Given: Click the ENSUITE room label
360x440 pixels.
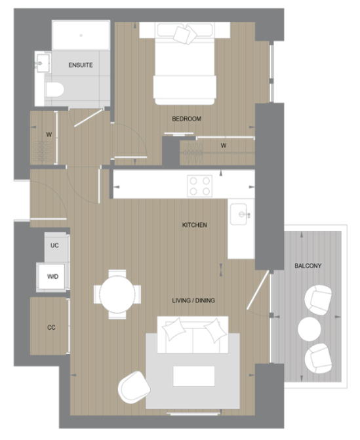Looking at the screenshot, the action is click(81, 65).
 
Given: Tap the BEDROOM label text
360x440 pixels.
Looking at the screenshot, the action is click(187, 119).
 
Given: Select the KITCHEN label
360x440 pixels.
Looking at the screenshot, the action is click(195, 225).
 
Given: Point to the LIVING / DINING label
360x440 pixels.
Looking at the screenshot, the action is click(193, 300).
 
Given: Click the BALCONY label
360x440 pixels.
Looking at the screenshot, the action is click(308, 266).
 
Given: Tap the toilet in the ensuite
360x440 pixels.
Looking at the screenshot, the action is click(54, 90).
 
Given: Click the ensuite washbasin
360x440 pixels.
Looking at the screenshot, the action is click(43, 63).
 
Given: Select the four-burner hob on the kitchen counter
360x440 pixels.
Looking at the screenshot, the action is click(200, 186).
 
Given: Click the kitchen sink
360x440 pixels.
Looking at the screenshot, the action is click(239, 214).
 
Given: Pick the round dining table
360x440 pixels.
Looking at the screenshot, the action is click(117, 294).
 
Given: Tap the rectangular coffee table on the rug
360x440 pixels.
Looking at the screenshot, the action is click(193, 376).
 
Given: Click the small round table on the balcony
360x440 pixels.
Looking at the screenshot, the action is click(310, 329).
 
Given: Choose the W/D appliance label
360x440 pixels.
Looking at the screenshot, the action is click(52, 277).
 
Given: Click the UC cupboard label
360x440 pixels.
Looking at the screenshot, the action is click(54, 245).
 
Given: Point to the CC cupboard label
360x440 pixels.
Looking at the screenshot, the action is click(51, 327).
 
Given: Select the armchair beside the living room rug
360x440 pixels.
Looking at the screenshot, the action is click(134, 388).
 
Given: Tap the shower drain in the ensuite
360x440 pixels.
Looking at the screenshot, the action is click(81, 35).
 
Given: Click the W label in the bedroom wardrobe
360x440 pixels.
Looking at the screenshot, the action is click(224, 146).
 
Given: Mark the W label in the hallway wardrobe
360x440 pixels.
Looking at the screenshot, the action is click(49, 134).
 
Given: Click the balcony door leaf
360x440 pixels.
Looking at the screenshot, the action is click(258, 290).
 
